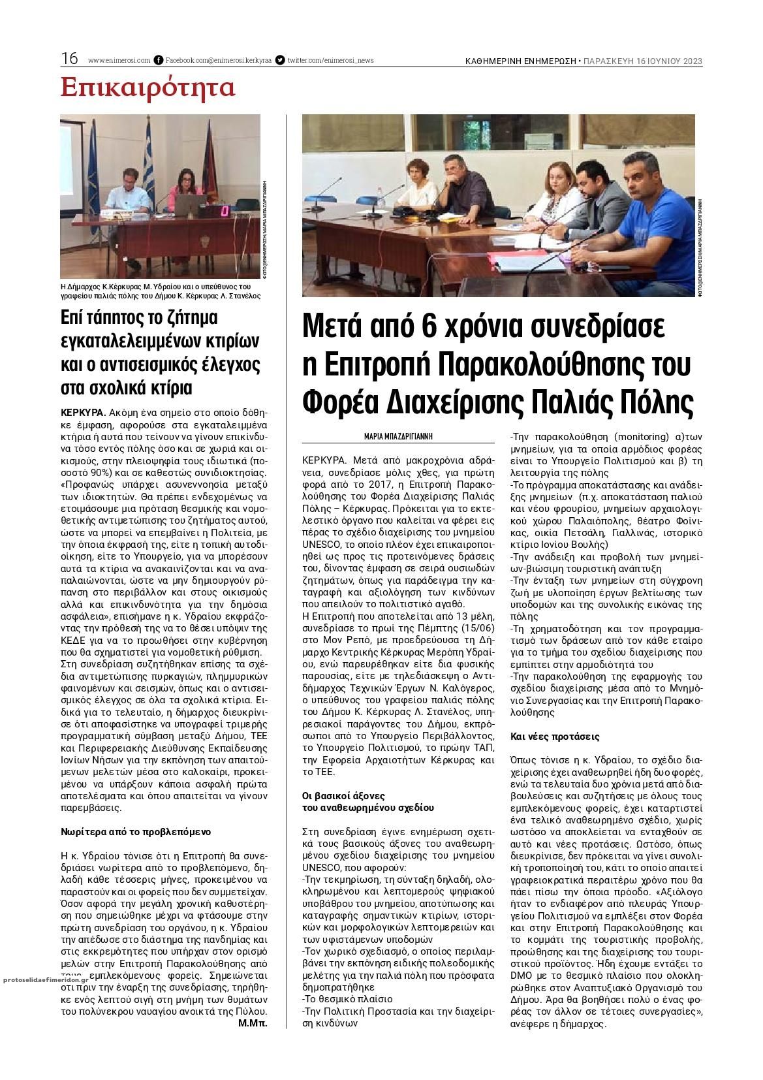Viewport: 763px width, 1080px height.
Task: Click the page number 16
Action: click(69, 59)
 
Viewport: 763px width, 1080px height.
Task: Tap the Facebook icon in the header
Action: click(158, 60)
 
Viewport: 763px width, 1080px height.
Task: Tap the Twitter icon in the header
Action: click(280, 60)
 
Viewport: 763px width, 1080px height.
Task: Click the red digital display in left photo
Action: click(225, 211)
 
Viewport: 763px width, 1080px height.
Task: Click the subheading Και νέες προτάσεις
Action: click(554, 736)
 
